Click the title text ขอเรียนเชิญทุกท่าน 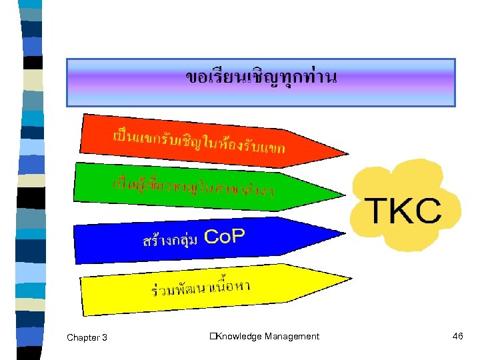click(261, 78)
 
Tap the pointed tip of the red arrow click(347, 153)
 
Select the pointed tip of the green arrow click(345, 195)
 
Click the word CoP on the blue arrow click(225, 235)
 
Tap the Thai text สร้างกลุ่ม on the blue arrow click(170, 240)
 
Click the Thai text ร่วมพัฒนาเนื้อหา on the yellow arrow click(200, 289)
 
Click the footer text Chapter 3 click(87, 337)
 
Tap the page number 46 click(457, 336)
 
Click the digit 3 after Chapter click(104, 337)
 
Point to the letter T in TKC click(381, 210)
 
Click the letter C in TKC click(429, 210)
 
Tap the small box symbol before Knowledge click(211, 337)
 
